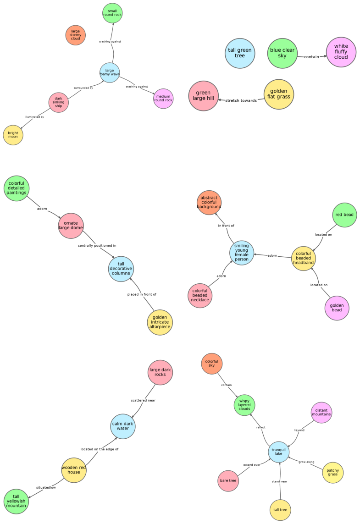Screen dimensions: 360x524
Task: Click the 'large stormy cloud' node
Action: click(x=76, y=35)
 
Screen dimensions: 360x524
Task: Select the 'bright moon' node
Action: click(x=13, y=135)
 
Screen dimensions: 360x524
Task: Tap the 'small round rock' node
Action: click(x=112, y=13)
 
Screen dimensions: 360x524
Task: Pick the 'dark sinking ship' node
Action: click(x=59, y=103)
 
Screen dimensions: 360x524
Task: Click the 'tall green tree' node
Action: click(x=240, y=53)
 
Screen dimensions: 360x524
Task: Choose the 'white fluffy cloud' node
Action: click(x=341, y=52)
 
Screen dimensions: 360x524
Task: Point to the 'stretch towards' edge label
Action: click(x=241, y=100)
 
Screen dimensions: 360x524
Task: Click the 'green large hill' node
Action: click(x=203, y=95)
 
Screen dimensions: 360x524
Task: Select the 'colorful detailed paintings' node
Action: click(x=17, y=188)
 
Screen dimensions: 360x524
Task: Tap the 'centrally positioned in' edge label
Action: click(x=97, y=246)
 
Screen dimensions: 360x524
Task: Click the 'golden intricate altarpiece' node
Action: click(x=160, y=322)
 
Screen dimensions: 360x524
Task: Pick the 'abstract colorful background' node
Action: click(x=209, y=203)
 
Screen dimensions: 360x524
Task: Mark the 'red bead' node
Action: click(x=344, y=215)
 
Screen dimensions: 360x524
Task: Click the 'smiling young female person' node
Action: click(x=241, y=253)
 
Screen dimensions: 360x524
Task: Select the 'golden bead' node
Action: click(x=337, y=308)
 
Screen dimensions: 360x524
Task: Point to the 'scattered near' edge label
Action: click(x=143, y=400)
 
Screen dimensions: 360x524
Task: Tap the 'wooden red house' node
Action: click(x=73, y=470)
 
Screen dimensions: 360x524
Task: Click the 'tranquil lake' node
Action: click(x=278, y=452)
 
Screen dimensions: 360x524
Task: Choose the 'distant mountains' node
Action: click(x=321, y=413)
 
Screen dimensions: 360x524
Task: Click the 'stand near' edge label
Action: click(x=279, y=481)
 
